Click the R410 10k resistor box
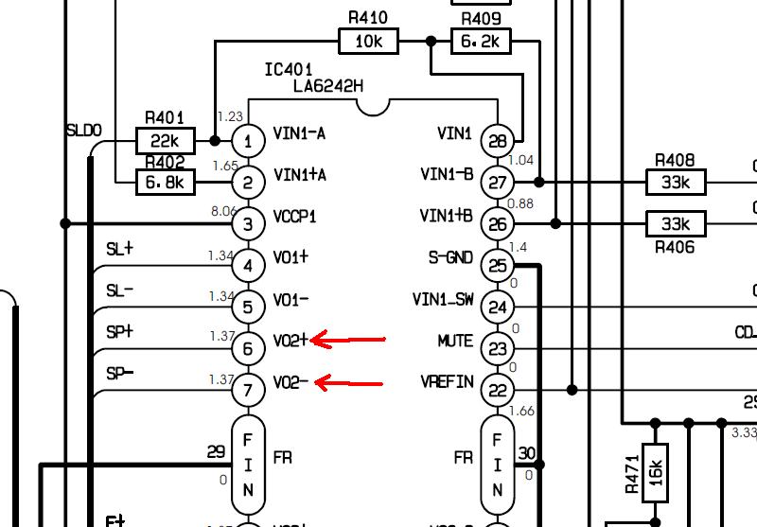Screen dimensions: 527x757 (368, 42)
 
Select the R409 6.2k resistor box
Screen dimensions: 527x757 (482, 42)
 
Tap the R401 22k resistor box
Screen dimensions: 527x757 (166, 142)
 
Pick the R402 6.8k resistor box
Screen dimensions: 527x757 (166, 182)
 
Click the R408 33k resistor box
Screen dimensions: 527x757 (676, 182)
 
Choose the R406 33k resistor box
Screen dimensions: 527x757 (676, 224)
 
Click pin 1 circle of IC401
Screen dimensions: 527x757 (248, 142)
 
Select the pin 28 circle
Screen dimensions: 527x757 (499, 140)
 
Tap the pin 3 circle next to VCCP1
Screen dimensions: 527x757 (248, 224)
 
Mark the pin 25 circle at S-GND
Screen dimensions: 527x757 (499, 265)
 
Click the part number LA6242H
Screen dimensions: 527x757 (328, 87)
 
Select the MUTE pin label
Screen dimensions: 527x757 (455, 341)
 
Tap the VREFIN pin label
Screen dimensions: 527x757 (447, 382)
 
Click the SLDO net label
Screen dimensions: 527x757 (83, 130)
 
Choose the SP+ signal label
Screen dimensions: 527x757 (120, 332)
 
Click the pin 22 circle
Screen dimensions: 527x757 (499, 389)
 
